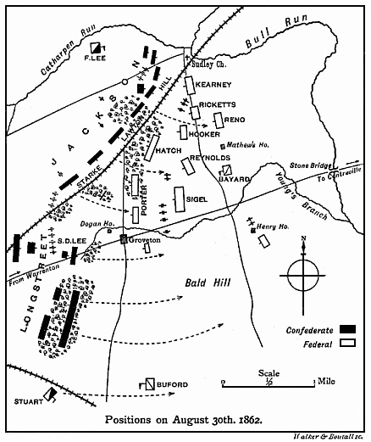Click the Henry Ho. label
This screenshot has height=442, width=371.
273,227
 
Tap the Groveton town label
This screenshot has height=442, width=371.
144,240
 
